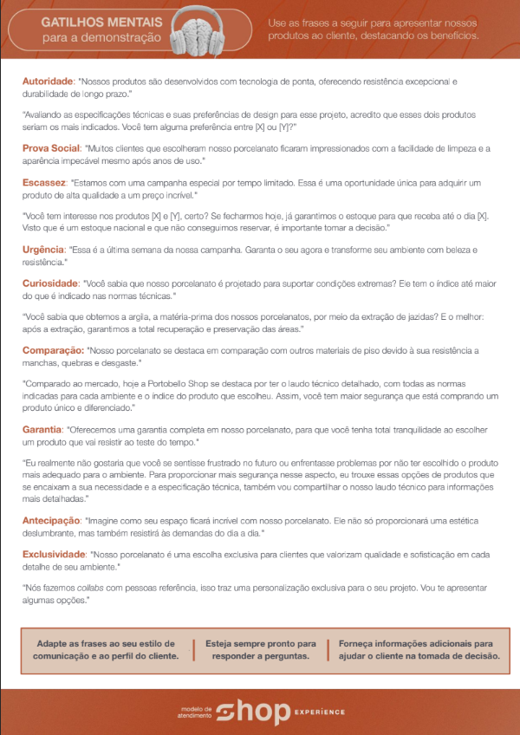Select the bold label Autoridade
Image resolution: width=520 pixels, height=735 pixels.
point(49,81)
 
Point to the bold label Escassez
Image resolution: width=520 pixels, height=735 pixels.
point(44,183)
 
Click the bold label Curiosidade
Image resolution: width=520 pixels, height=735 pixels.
point(50,283)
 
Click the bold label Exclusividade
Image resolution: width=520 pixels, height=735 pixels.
point(55,554)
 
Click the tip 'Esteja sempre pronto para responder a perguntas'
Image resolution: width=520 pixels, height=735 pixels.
point(260,650)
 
